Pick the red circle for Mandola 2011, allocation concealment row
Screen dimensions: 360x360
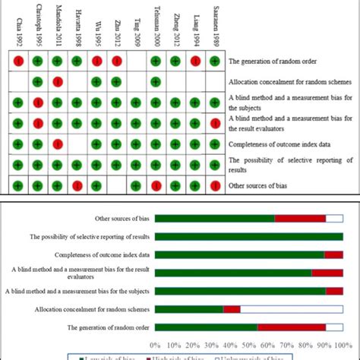click(x=57, y=81)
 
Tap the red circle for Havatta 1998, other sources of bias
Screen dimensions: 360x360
click(x=77, y=185)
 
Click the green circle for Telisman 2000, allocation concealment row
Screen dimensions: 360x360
click(x=156, y=81)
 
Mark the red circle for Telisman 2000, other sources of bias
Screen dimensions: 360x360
click(x=156, y=185)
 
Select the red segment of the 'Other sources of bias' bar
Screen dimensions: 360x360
click(x=300, y=218)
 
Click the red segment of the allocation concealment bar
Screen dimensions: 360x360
click(x=232, y=309)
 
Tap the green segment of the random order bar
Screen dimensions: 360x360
click(x=206, y=327)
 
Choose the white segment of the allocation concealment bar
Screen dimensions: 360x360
click(x=292, y=309)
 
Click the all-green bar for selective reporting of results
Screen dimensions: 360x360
click(x=249, y=236)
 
